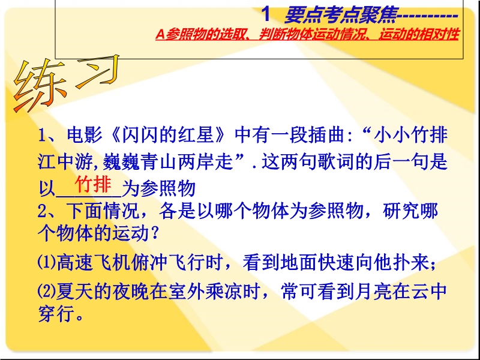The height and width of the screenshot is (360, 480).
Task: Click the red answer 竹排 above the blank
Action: click(x=93, y=184)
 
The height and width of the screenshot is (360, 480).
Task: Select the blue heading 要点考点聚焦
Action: click(x=340, y=15)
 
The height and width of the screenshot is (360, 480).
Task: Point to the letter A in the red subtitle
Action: click(x=160, y=35)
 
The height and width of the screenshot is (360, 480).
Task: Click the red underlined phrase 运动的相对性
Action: click(x=419, y=35)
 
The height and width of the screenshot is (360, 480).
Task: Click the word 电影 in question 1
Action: click(x=85, y=135)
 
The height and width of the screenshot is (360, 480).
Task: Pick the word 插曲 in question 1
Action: click(x=326, y=135)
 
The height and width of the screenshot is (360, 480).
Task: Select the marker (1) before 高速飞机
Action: click(x=47, y=263)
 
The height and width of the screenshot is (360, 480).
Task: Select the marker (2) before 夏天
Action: click(x=47, y=291)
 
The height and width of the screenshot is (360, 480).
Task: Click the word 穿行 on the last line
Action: click(x=56, y=314)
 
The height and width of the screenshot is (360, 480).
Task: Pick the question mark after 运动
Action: click(x=155, y=234)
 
